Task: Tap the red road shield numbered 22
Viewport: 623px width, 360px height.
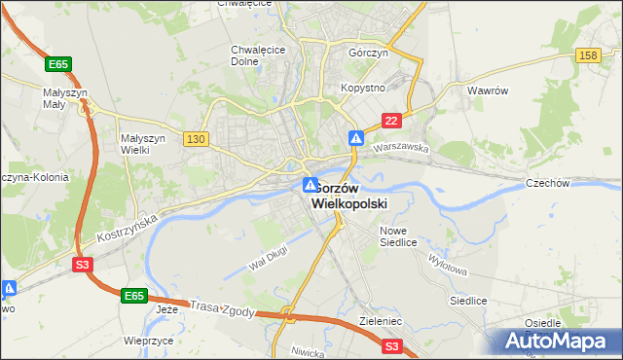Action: click(390, 120)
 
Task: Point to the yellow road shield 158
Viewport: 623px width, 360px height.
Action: click(587, 55)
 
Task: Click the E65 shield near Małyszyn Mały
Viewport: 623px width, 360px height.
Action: click(58, 64)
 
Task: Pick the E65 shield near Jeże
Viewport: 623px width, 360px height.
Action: click(134, 294)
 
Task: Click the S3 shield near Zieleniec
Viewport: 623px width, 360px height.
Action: click(391, 345)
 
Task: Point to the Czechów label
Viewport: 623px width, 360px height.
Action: click(574, 182)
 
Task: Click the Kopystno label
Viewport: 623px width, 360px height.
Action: click(362, 88)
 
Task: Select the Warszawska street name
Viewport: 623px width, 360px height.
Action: click(401, 148)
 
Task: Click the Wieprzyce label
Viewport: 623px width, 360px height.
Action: click(149, 342)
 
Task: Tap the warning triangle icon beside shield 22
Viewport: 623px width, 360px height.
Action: click(357, 139)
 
